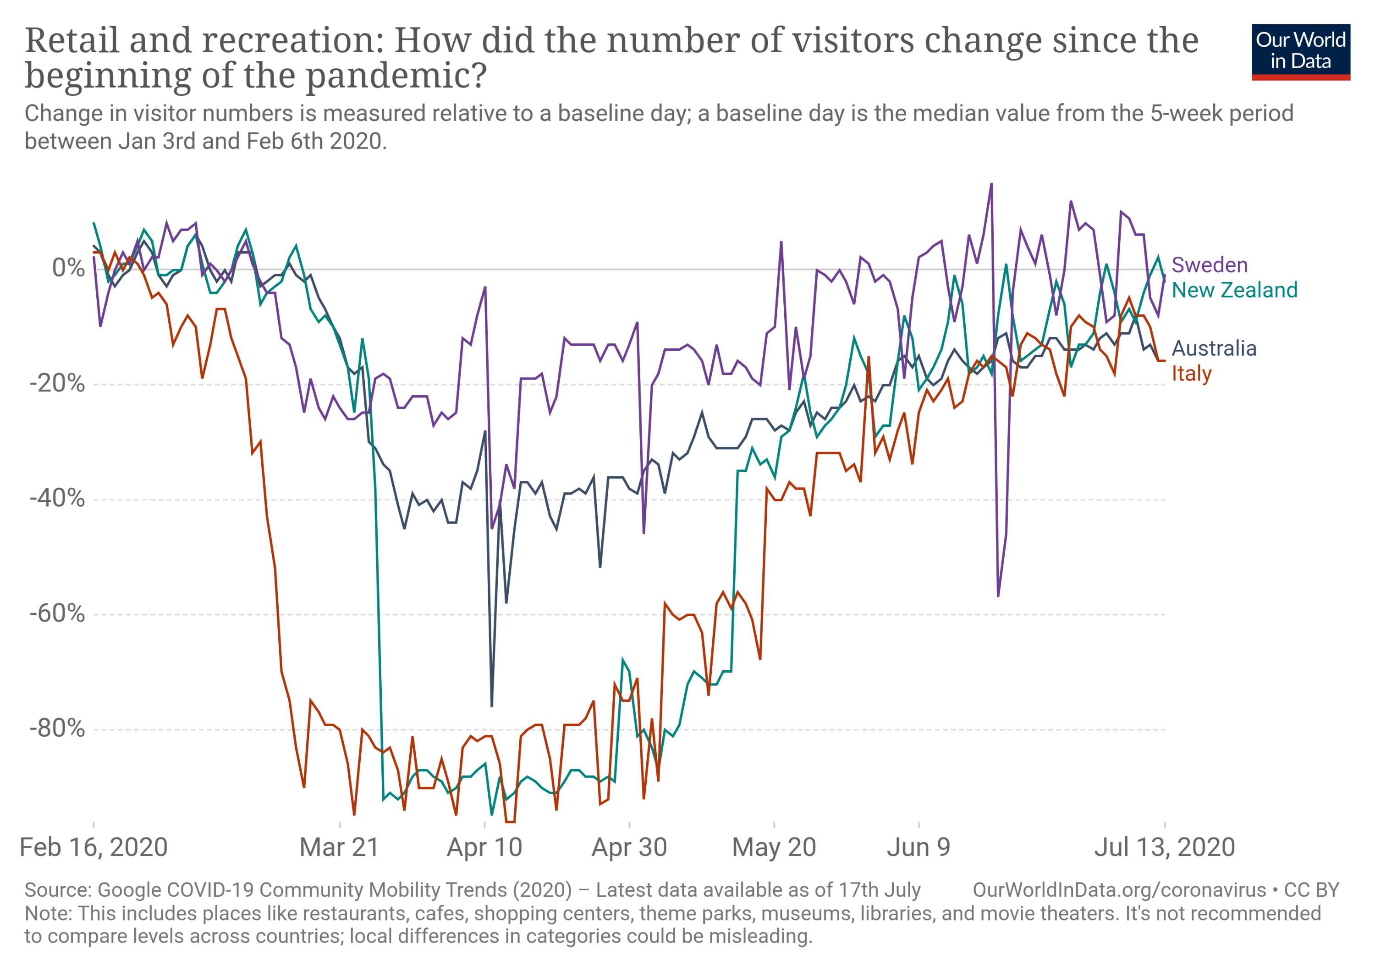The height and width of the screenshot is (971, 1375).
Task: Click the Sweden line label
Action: point(1209,265)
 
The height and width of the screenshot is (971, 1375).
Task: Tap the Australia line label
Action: point(1214,348)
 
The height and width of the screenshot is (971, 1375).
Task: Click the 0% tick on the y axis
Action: point(68,268)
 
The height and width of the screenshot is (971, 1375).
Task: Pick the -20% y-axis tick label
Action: point(57,383)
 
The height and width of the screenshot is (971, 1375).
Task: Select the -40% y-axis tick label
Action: point(57,498)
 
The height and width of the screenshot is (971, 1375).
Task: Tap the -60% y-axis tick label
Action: point(57,613)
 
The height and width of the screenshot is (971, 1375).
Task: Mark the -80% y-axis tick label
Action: point(57,728)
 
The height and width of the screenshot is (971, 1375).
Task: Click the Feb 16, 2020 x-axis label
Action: point(94,848)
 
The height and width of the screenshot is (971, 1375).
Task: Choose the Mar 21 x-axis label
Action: point(340,848)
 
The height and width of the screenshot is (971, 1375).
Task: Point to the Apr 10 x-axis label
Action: point(484,848)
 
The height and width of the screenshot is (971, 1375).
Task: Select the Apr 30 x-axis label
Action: point(629,848)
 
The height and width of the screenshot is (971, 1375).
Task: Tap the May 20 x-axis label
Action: point(774,848)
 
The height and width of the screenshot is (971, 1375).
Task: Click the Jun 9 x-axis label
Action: point(918,848)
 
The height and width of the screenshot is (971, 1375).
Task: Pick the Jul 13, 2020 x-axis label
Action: point(1165,848)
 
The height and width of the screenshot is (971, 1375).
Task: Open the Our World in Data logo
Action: point(1301,51)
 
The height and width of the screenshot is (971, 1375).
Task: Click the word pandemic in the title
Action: point(395,76)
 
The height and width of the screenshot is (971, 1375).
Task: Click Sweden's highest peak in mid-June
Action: point(991,184)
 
